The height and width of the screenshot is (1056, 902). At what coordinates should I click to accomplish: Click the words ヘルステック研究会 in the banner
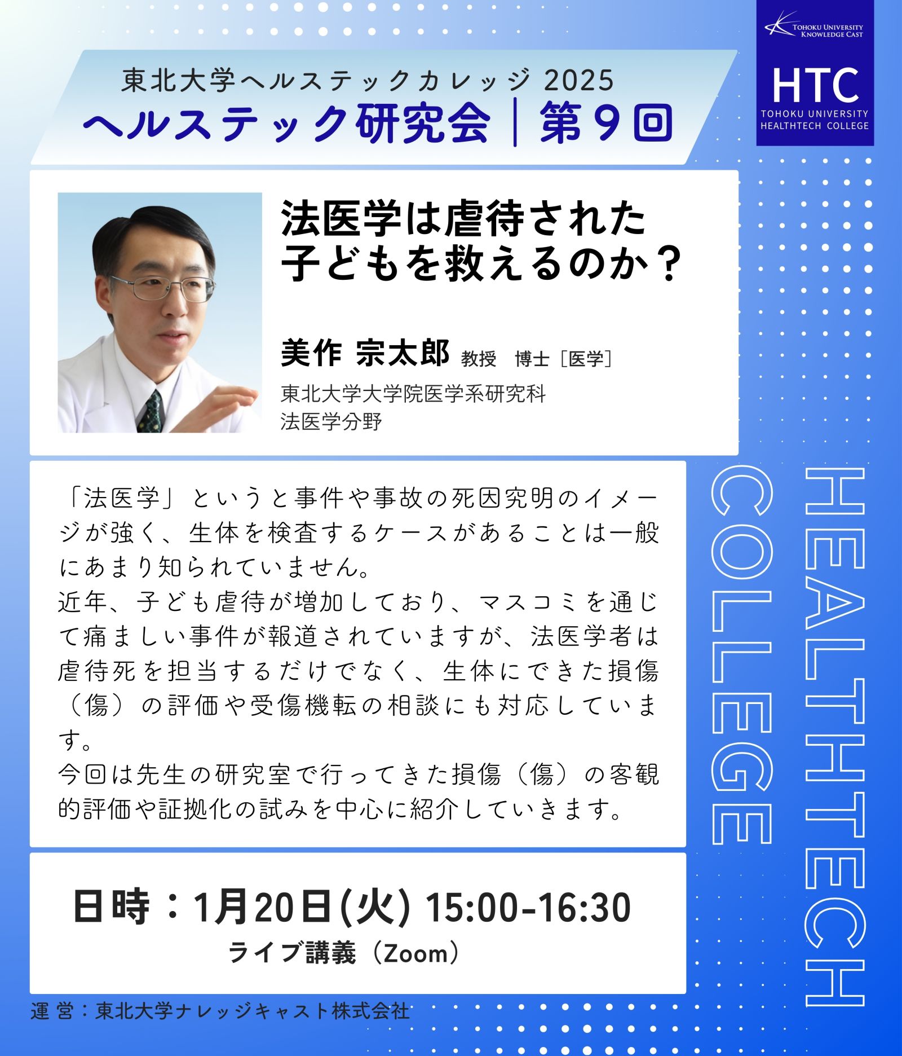click(286, 124)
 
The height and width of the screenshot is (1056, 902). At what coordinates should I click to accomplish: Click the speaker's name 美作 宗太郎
click(365, 354)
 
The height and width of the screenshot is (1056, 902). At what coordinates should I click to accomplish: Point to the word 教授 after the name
click(479, 359)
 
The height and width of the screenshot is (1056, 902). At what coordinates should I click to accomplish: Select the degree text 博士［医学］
click(564, 359)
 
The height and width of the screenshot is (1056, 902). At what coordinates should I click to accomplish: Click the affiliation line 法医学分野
click(331, 421)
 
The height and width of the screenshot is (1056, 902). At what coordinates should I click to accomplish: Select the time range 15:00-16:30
click(528, 908)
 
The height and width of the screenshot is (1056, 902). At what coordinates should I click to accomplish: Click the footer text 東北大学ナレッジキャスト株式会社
click(253, 1010)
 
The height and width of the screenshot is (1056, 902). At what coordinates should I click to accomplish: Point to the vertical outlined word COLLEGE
click(740, 655)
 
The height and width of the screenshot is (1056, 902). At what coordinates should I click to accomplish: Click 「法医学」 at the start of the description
click(121, 499)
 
